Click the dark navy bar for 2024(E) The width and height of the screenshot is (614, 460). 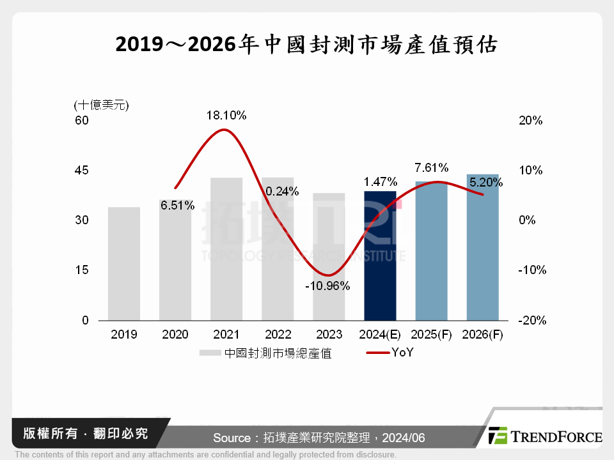tap(380, 256)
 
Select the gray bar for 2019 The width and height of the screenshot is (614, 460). tap(123, 263)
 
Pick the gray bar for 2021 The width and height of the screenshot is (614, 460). tap(226, 249)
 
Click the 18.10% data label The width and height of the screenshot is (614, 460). tap(226, 116)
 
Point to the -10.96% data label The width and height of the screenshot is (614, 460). tap(328, 286)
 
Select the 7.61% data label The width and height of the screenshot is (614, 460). tap(431, 168)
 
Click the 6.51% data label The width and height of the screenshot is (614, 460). tap(177, 205)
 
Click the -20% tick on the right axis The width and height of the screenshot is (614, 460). tap(532, 321)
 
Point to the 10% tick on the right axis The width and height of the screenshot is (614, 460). tap(531, 170)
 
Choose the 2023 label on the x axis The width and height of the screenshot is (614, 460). tap(328, 335)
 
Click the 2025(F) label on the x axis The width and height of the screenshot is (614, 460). tap(431, 335)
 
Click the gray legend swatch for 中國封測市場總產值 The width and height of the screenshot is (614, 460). tap(210, 353)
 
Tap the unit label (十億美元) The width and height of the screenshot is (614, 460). tap(102, 105)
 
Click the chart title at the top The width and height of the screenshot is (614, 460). tap(306, 45)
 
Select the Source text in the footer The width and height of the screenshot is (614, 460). tap(319, 438)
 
